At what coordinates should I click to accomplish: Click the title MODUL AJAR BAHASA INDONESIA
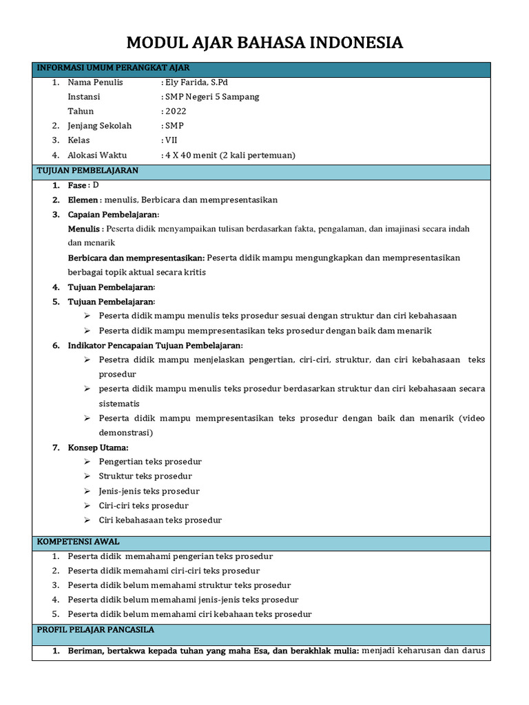264,43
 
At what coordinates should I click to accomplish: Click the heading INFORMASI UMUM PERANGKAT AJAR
113,68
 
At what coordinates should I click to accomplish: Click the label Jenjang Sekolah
99,126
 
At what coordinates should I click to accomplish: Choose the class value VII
172,140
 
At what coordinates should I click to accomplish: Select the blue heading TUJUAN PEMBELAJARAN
87,170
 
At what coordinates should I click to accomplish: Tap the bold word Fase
77,185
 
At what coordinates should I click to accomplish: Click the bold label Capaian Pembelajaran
113,215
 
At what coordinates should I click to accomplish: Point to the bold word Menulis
84,229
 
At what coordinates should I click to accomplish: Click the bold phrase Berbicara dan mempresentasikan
136,257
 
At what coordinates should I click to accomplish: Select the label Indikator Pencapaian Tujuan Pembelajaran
155,346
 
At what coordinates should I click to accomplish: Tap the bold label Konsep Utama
98,448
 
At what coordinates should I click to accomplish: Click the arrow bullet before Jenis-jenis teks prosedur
87,491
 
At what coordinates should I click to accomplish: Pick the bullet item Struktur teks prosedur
145,476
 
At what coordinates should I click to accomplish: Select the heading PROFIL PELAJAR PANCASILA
95,630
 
